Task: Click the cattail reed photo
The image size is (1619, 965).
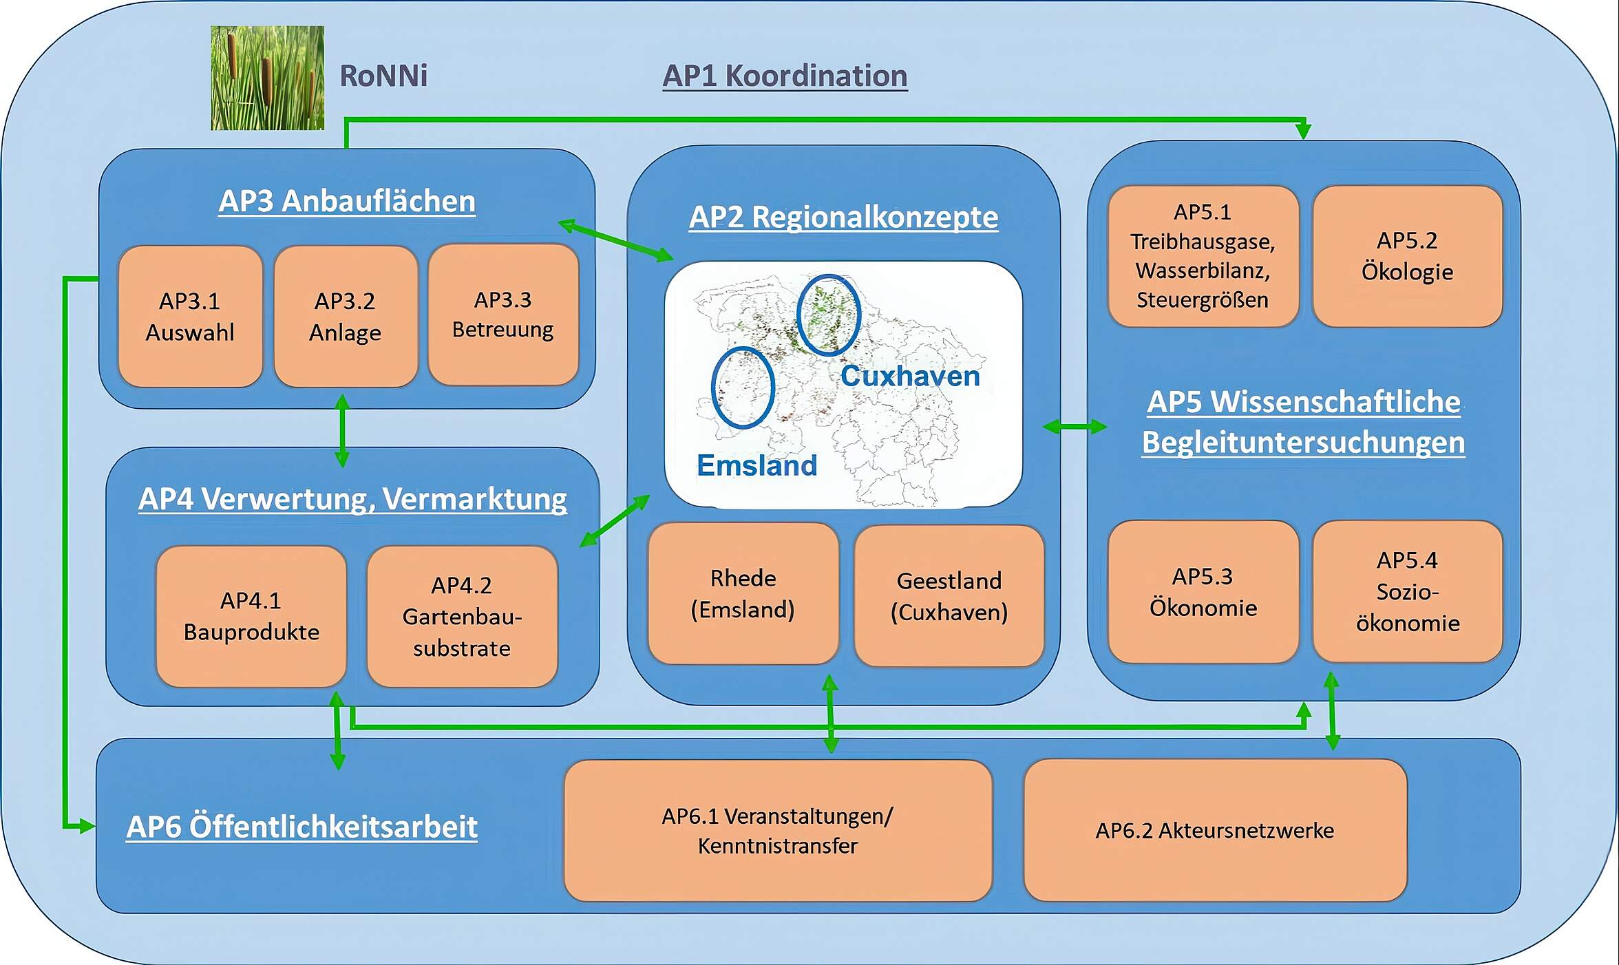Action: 267,78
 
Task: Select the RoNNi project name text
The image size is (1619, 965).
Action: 383,76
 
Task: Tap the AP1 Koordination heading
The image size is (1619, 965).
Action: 785,76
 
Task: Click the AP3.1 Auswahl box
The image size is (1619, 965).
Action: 191,317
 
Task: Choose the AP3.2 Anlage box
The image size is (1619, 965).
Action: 346,317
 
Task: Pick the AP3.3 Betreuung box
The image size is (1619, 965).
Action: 503,315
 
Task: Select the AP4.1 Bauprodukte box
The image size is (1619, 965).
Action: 251,617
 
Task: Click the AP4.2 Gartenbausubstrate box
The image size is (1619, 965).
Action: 462,617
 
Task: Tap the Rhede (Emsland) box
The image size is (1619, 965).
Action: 743,593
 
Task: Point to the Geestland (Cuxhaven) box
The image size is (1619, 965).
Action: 949,596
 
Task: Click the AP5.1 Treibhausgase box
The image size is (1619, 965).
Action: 1203,256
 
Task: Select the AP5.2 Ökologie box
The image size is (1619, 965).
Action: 1408,256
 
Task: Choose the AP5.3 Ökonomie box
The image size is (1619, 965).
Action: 1203,592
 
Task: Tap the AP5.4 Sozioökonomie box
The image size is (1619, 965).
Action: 1408,592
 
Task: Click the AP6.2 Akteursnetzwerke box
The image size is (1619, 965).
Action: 1216,830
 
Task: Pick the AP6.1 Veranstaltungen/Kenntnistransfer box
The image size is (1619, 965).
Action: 778,831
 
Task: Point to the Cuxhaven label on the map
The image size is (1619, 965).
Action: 910,376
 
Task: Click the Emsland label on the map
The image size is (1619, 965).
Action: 757,465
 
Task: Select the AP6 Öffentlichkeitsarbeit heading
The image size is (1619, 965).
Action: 302,827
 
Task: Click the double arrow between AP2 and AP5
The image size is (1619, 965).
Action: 1075,427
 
